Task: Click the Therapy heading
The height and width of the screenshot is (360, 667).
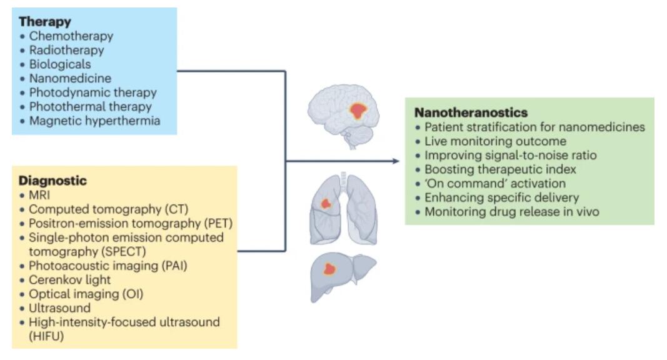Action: (44, 22)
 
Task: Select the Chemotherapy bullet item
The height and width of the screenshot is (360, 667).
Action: (71, 36)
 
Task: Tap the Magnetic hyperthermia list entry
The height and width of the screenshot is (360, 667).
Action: (94, 121)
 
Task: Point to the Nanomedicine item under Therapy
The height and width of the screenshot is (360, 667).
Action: (70, 78)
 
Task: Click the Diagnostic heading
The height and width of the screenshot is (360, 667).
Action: (53, 181)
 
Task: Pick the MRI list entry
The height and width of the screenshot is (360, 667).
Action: (39, 195)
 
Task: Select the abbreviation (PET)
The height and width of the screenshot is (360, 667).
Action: (218, 223)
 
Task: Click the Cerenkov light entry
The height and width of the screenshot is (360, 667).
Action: (70, 279)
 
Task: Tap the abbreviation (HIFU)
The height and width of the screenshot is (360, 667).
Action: (46, 336)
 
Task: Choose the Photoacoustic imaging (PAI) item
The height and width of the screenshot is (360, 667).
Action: (108, 266)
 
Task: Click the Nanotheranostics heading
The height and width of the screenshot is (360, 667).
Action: (471, 112)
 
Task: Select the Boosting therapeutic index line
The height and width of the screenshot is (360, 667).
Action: (500, 169)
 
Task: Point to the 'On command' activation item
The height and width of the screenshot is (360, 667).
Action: (495, 183)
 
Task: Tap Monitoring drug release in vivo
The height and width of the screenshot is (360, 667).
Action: (512, 211)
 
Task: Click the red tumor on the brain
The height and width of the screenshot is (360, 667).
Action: (358, 111)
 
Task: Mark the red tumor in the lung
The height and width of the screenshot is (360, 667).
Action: (326, 204)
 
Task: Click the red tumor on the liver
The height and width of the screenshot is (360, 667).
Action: (329, 269)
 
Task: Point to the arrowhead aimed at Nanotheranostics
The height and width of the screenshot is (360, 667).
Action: (396, 161)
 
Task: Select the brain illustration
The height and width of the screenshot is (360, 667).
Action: (344, 116)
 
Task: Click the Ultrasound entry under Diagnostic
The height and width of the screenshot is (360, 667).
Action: (59, 308)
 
